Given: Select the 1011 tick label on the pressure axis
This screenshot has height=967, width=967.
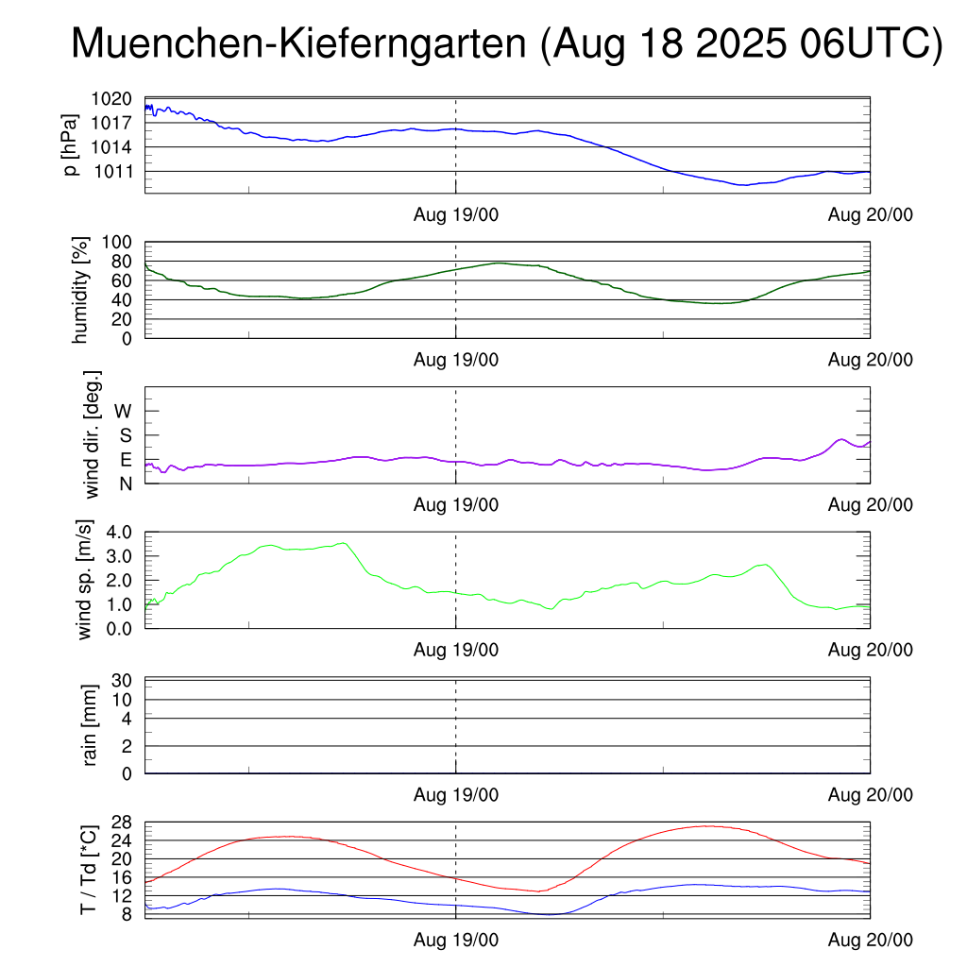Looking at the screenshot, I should click(x=119, y=171).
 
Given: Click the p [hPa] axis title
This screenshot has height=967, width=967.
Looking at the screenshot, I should click(x=70, y=144).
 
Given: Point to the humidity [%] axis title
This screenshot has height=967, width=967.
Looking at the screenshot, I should click(x=81, y=290).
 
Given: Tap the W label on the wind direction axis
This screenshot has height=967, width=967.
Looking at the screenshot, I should click(x=124, y=411).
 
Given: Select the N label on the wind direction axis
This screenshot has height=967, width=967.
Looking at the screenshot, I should click(x=126, y=483).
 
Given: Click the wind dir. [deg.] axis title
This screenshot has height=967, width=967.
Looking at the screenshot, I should click(x=92, y=434).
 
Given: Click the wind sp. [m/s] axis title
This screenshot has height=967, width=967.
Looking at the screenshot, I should click(x=86, y=580).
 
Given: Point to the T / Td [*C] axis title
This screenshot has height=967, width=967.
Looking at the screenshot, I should click(x=88, y=869).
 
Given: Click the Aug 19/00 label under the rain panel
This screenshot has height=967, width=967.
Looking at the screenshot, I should click(x=456, y=795).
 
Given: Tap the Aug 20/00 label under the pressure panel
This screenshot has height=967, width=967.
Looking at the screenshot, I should click(x=870, y=214).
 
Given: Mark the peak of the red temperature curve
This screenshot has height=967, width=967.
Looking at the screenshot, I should click(x=705, y=826).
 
